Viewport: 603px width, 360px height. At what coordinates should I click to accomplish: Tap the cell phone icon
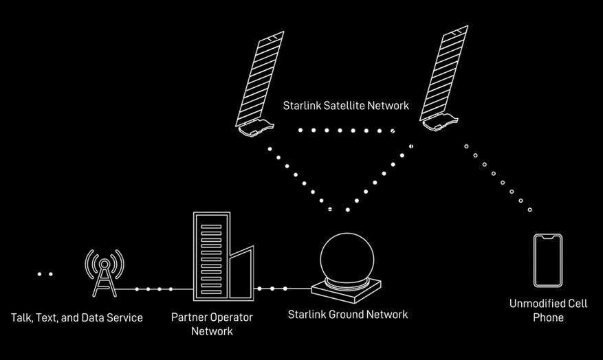[547, 260]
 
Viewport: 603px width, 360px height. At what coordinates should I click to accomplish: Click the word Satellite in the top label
[347, 106]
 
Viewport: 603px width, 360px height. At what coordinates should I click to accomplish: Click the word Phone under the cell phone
[548, 317]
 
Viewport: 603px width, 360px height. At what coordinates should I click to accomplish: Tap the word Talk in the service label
[23, 317]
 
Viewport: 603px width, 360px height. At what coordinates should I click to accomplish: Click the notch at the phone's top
[547, 238]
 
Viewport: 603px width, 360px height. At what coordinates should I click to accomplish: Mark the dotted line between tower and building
[154, 289]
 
